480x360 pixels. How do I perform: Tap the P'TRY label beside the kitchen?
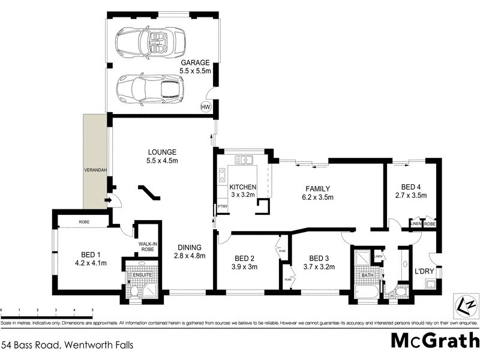223,208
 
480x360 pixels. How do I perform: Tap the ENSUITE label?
142,275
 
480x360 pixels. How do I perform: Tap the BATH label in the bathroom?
367,275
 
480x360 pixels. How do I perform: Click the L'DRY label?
424,271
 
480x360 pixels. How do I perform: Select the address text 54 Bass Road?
67,345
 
